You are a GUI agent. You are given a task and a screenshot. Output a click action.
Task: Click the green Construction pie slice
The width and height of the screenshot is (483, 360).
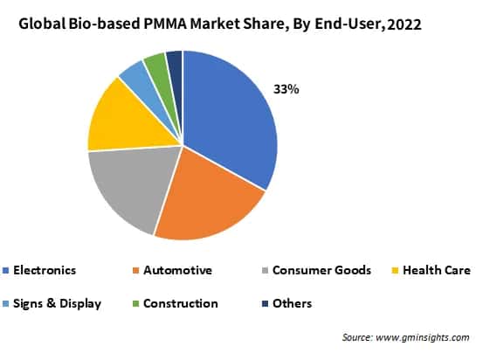pos(156,65)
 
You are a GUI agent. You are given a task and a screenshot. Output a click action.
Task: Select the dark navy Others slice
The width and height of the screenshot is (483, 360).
pos(175,61)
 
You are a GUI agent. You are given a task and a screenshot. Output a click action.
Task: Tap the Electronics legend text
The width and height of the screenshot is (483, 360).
pos(46,270)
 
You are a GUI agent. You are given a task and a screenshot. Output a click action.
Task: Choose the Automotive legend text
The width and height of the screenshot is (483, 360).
pos(178,270)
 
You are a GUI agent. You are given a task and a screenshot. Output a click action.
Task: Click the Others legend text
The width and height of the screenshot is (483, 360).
pos(293,303)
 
